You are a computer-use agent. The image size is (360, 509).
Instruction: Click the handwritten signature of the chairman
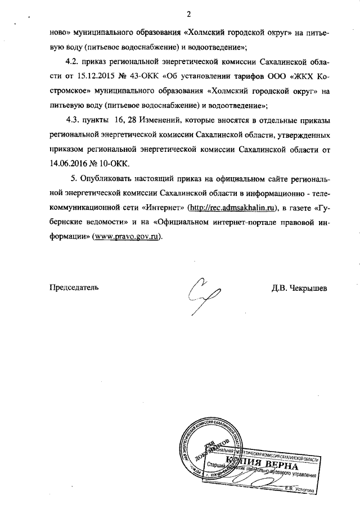pyautogui.click(x=204, y=292)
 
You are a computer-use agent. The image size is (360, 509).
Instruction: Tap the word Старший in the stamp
pyautogui.click(x=217, y=465)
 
